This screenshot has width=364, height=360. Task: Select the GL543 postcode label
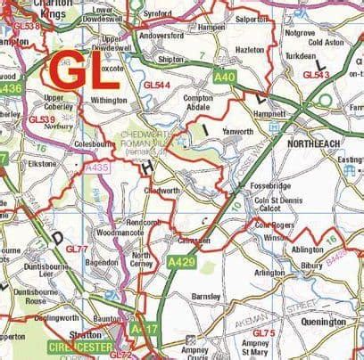[x=317, y=75]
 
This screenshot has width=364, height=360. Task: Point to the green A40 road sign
[x=225, y=78]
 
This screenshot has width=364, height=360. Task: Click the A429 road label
[x=181, y=261]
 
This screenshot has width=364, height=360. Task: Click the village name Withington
[x=110, y=101]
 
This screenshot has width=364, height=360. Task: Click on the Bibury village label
[x=312, y=266]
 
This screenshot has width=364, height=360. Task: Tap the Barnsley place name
[x=206, y=296]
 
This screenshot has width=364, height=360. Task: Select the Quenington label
[x=324, y=322]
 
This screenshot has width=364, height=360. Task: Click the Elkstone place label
[x=41, y=164]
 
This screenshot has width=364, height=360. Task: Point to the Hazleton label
[x=250, y=50]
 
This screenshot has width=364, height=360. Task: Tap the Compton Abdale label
[x=198, y=102]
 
